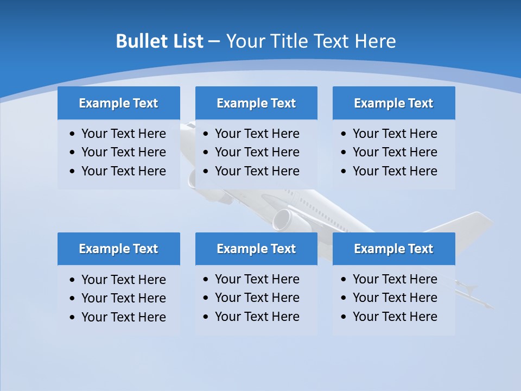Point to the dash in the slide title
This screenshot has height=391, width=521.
214,41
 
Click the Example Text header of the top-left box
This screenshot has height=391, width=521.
118,103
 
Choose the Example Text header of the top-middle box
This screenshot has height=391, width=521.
256,103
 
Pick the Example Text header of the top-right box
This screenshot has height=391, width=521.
393,103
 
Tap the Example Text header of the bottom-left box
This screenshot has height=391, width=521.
118,249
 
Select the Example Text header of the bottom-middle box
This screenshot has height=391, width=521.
256,249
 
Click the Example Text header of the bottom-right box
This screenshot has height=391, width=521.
393,249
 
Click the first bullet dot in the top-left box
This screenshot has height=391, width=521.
73,134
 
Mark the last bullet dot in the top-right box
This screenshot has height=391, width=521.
344,172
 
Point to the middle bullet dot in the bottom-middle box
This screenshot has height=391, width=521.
206,298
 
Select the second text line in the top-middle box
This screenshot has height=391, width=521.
257,152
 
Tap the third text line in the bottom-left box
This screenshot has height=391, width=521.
123,317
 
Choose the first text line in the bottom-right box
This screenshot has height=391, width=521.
395,279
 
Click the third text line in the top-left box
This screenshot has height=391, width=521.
123,171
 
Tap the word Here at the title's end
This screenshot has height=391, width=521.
375,41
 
